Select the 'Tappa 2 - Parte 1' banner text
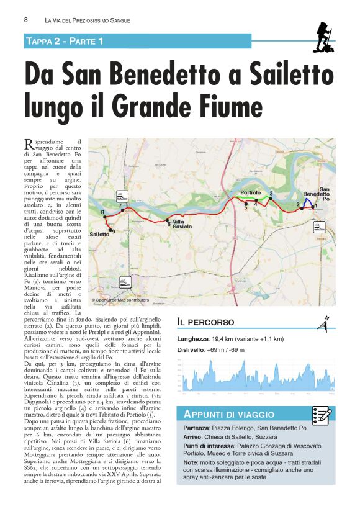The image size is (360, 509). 65,41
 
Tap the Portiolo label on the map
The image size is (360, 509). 250,194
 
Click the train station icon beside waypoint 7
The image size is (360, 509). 124,196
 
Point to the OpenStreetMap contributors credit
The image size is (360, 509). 120,300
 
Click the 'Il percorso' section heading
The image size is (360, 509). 205,322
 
